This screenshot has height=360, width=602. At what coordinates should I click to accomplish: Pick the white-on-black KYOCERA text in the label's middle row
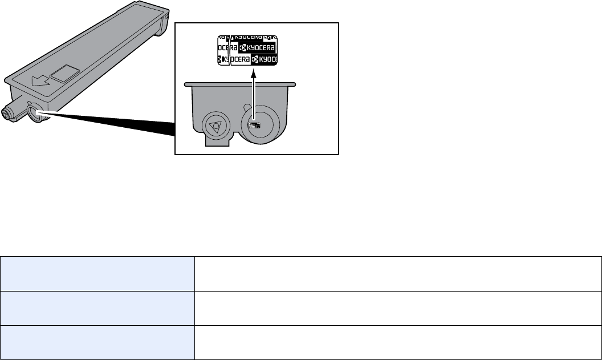coord(253,49)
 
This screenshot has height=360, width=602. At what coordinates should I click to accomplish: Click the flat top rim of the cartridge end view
coord(240,84)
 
